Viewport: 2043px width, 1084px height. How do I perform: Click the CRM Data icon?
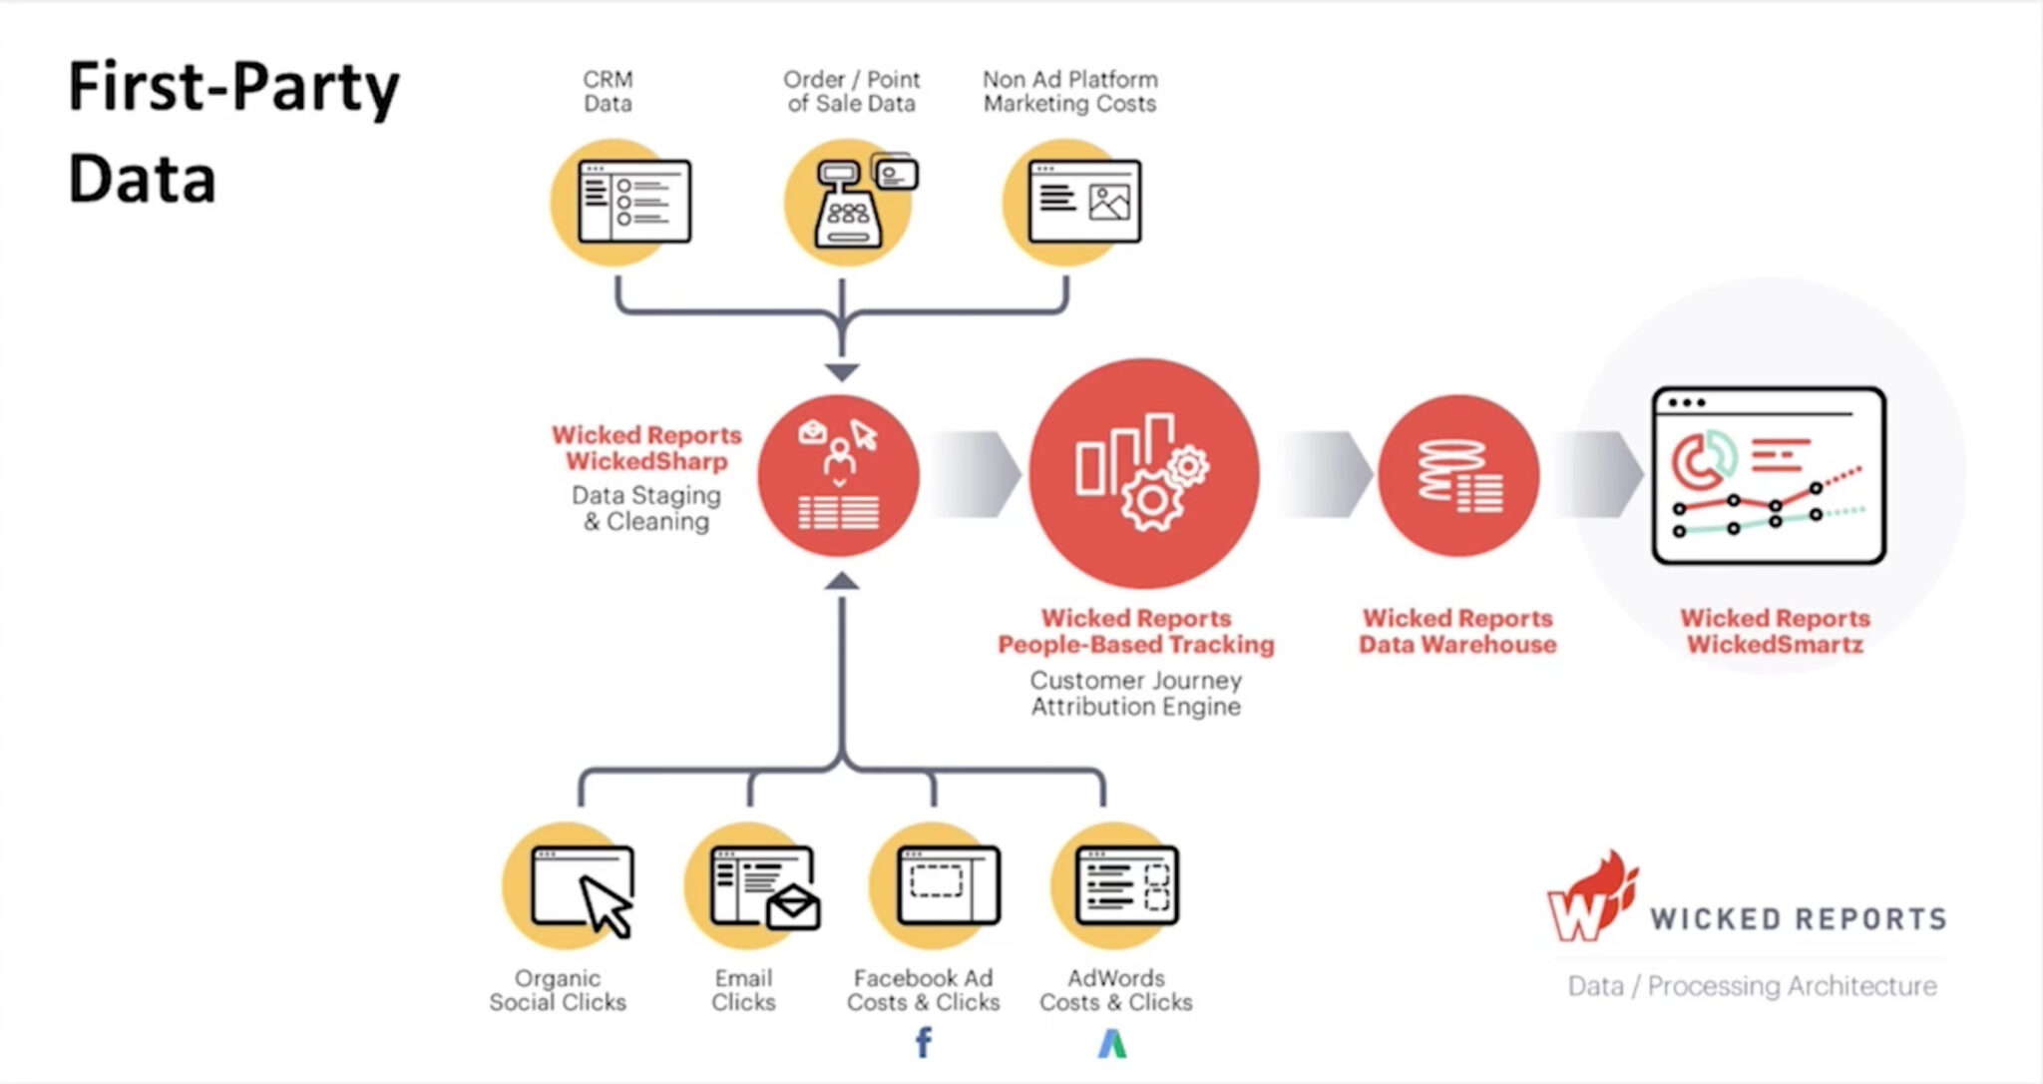(620, 202)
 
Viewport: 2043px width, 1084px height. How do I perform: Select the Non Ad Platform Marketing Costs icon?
(1072, 202)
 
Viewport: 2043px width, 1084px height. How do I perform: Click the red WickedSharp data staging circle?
(838, 475)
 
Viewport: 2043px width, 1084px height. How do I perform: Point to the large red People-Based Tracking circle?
(1143, 474)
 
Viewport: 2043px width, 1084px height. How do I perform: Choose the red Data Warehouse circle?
(1457, 475)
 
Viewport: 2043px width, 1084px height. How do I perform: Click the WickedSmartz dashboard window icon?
(1769, 476)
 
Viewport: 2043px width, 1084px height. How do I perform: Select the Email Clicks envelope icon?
(753, 886)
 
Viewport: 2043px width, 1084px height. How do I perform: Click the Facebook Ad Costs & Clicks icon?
(936, 886)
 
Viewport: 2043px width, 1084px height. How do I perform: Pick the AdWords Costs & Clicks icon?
(1115, 886)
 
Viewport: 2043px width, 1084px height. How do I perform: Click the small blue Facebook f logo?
(924, 1042)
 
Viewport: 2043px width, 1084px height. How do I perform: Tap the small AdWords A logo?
(1112, 1043)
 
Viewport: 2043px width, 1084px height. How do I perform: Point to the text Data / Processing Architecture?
(1752, 986)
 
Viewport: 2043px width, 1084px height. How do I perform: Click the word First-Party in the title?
(233, 86)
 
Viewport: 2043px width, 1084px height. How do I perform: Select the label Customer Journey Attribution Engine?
(1136, 693)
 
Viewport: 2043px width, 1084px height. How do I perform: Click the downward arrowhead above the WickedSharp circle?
(842, 372)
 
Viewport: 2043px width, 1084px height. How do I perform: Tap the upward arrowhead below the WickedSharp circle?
(842, 580)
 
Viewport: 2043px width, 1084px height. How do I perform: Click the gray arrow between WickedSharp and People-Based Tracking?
(976, 474)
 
